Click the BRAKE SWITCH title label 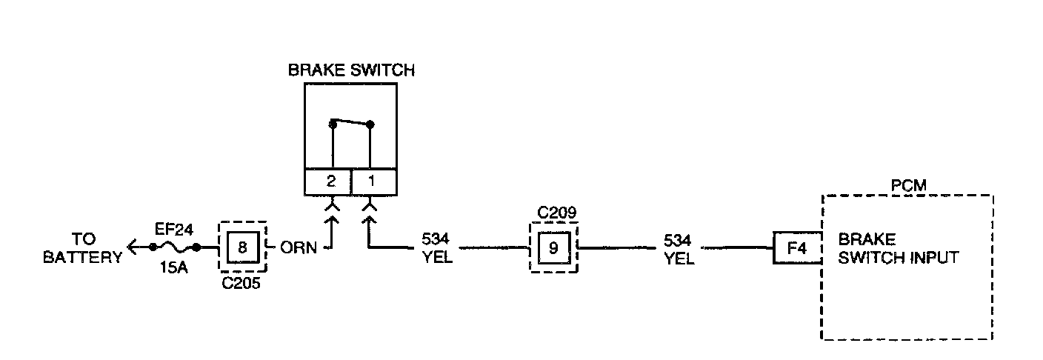[x=351, y=71]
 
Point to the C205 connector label [x=241, y=283]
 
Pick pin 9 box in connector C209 [x=553, y=247]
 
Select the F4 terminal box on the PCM [x=796, y=247]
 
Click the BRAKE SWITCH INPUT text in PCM [x=898, y=249]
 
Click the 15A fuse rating [x=174, y=268]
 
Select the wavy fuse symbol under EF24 [x=175, y=247]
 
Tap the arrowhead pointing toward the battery [x=133, y=247]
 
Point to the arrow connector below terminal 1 [x=368, y=219]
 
